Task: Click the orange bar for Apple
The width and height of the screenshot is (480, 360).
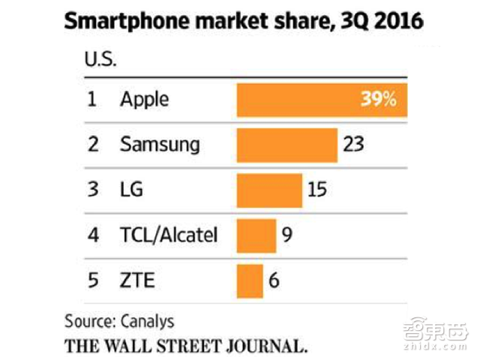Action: [300, 100]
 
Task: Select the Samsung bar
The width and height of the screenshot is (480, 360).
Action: [286, 144]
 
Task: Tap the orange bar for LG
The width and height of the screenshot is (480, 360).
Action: [268, 190]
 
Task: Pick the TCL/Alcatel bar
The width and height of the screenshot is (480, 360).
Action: [256, 235]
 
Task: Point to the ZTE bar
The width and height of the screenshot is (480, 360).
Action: [250, 280]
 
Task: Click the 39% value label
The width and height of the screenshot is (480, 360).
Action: [378, 100]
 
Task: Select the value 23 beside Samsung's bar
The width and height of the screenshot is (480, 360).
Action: [352, 144]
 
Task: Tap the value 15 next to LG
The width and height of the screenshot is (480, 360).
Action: [316, 190]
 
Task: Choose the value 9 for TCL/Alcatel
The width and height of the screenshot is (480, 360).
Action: [286, 235]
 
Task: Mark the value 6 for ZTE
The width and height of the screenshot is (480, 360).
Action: [274, 280]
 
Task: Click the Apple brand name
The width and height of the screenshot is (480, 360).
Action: [145, 100]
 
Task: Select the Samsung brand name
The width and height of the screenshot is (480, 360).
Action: [160, 144]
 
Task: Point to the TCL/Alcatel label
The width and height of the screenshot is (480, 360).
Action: [169, 235]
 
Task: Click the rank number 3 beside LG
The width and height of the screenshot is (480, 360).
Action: [93, 190]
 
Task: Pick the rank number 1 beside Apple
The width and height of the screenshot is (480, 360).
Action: [92, 100]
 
